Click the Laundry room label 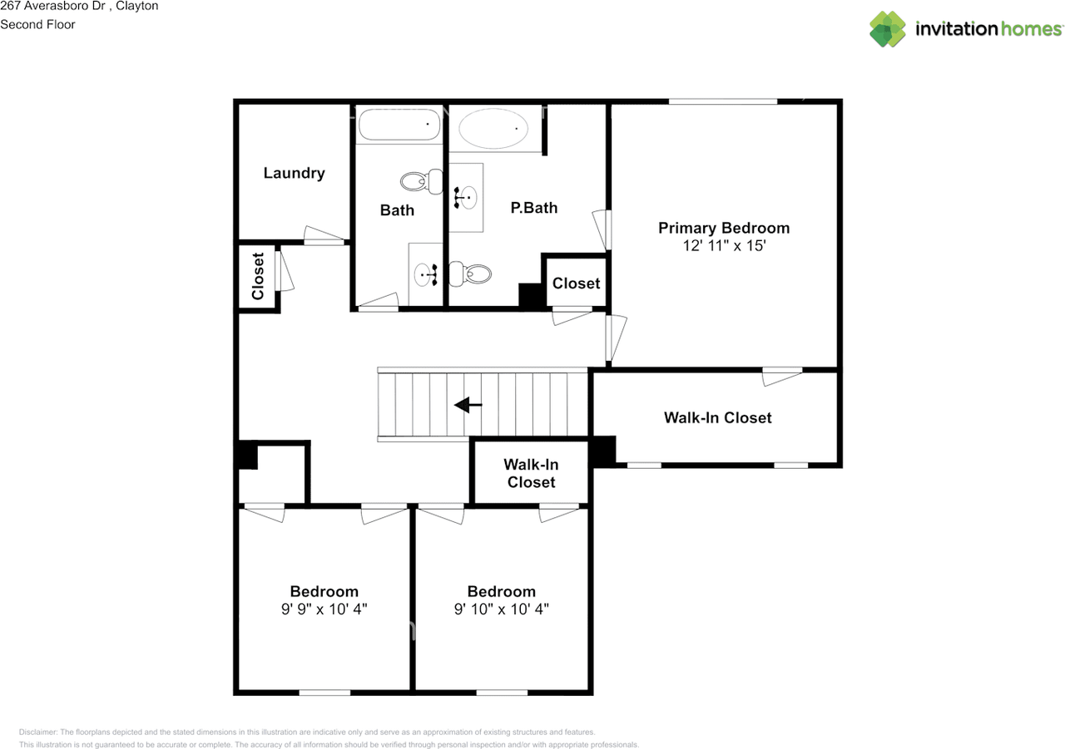coord(294,173)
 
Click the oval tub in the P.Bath coord(494,130)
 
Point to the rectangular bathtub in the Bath coord(399,126)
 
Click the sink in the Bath coord(427,273)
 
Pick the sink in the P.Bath coord(466,198)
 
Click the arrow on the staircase coord(468,405)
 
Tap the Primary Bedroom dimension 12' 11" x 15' coord(724,245)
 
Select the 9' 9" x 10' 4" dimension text coord(324,609)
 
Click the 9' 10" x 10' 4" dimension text coord(501,609)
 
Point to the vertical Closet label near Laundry coord(258,276)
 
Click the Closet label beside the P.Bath coord(576,283)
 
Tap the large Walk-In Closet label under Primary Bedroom coord(717,417)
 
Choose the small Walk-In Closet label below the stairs coord(531,473)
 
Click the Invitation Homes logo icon coord(887,29)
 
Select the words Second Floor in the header coord(37,24)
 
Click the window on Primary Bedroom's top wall coord(722,101)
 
